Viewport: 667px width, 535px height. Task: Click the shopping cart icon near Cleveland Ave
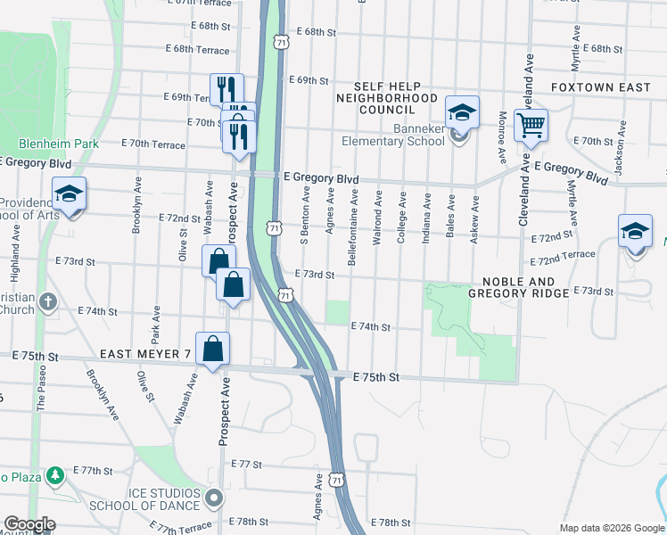tap(531, 126)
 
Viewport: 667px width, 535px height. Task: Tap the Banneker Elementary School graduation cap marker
tap(462, 113)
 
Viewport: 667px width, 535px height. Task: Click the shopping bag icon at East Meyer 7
tap(213, 350)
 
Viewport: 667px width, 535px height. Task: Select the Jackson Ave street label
tap(618, 153)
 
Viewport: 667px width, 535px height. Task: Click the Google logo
tap(29, 524)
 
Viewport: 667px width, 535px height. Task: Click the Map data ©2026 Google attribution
tap(610, 527)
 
